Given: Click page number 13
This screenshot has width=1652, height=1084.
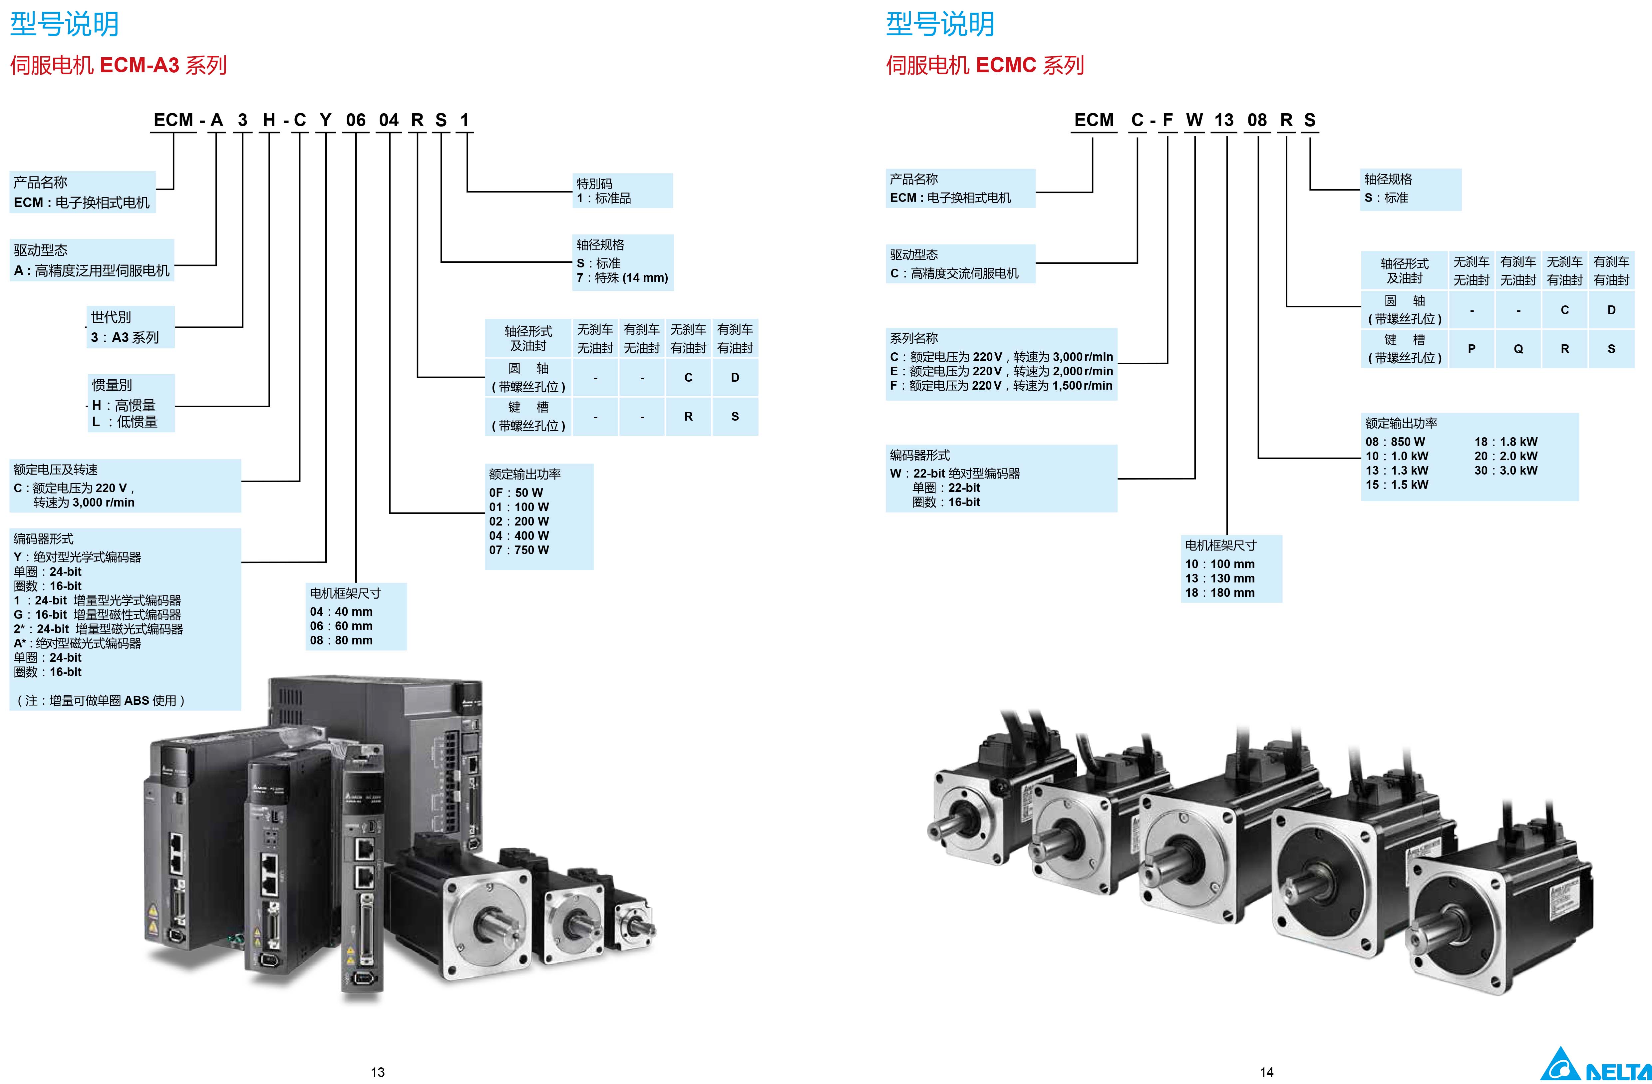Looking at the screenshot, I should click(x=378, y=1072).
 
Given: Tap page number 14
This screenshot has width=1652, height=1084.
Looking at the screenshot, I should click(x=1267, y=1072).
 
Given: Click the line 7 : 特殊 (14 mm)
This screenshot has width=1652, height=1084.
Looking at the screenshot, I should click(x=622, y=278).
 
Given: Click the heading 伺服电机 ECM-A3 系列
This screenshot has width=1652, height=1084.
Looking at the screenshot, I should click(x=118, y=65).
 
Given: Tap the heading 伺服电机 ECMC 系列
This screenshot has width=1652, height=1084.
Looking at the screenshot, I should click(x=984, y=65).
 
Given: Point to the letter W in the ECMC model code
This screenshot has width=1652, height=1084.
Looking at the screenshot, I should click(x=1194, y=120).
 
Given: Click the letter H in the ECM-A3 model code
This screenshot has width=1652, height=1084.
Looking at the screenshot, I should click(x=269, y=120).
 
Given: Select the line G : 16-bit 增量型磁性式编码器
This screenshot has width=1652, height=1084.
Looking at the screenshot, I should click(x=97, y=614).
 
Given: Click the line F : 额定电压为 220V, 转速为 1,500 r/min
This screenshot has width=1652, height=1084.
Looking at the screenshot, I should click(x=1001, y=385).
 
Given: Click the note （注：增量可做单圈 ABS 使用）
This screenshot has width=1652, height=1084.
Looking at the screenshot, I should click(x=101, y=700).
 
